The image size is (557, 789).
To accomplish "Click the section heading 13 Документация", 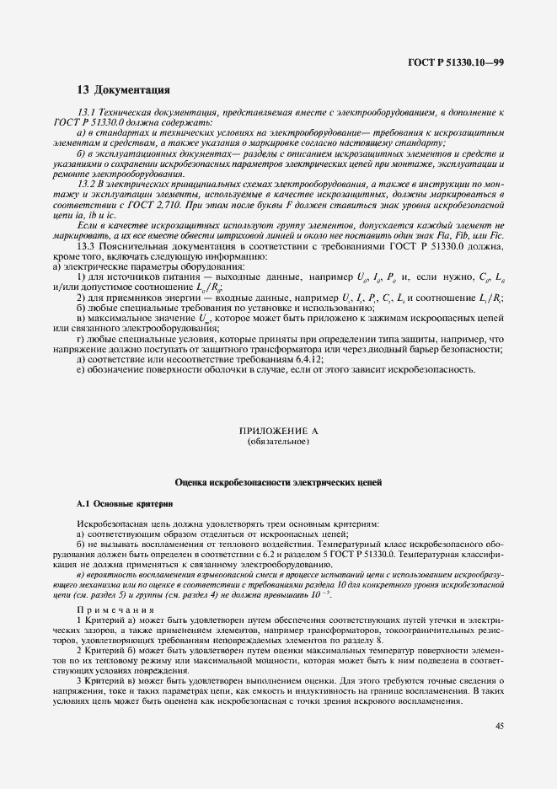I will point(124,90).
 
